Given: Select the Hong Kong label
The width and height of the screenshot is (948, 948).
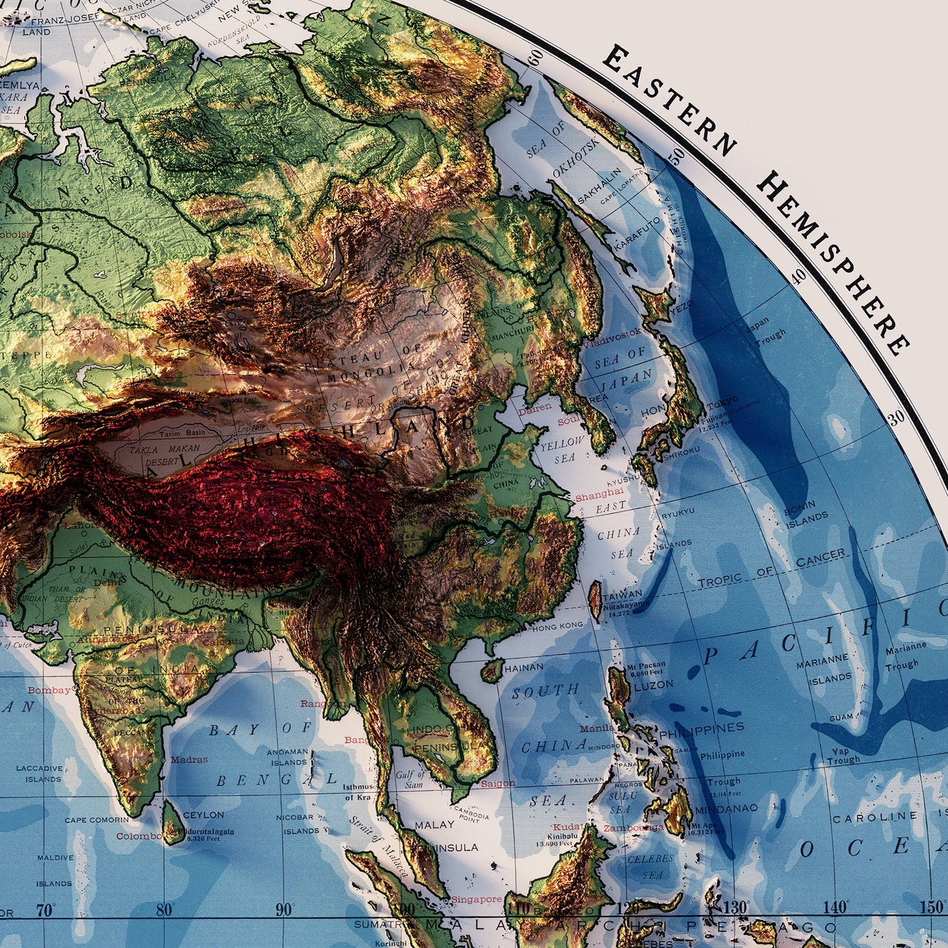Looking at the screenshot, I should tap(557, 627).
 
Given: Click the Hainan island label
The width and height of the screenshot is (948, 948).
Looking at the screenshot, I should tap(523, 667).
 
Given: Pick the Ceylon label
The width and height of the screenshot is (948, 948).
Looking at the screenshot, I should tap(203, 815).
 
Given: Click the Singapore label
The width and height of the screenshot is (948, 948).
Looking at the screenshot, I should tap(476, 899).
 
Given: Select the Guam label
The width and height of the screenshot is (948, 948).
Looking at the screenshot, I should tap(841, 718).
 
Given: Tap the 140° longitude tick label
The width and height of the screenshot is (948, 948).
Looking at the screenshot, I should tap(835, 908).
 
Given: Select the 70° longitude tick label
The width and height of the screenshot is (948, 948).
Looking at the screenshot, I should tap(45, 911).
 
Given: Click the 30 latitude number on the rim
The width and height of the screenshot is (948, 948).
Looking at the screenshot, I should tap(896, 417).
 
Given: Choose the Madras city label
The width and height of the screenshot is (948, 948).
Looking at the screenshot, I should tap(189, 760).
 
